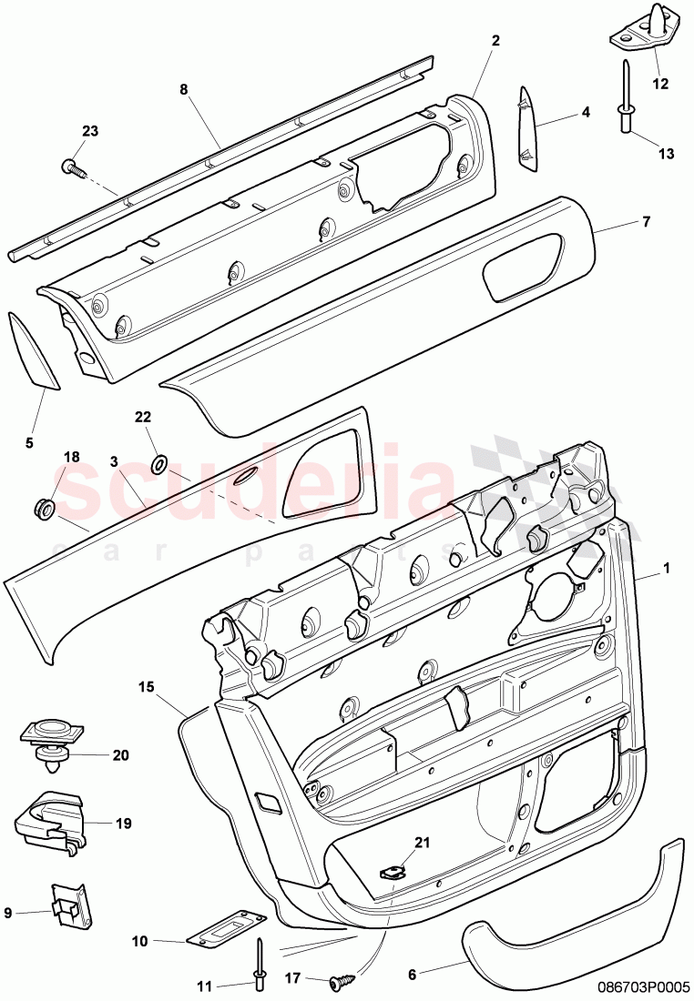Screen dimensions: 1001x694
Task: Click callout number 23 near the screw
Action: [x=89, y=131]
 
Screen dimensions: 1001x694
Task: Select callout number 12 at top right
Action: [x=660, y=84]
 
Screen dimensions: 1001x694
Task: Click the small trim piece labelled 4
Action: [x=529, y=127]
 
